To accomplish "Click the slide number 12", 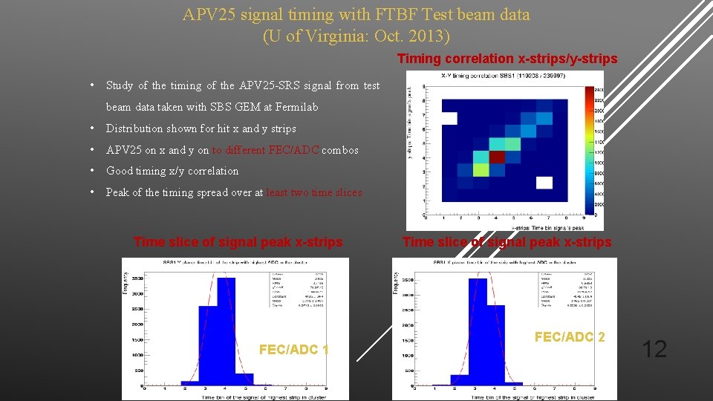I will click(x=654, y=348).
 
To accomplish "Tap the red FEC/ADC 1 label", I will click(x=294, y=350).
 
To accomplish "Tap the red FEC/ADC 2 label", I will click(x=570, y=337).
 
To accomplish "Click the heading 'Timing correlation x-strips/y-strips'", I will click(x=507, y=59).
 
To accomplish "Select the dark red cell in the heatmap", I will click(x=497, y=157).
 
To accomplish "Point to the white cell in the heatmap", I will click(x=544, y=183).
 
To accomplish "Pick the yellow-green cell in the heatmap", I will click(x=481, y=170).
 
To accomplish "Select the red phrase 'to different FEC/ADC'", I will click(x=266, y=150).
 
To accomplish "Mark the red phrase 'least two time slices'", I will click(x=314, y=192).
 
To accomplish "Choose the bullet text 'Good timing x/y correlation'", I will click(x=172, y=171).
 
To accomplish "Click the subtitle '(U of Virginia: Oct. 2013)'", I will click(x=356, y=35).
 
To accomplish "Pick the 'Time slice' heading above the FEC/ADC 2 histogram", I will click(x=507, y=242).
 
